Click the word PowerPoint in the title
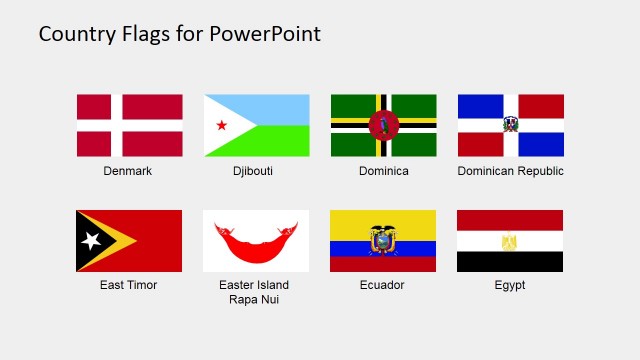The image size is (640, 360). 265,34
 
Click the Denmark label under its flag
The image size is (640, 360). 128,171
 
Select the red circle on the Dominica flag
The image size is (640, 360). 383,125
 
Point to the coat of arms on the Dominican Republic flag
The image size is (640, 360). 511,125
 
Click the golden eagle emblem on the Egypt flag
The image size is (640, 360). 510,241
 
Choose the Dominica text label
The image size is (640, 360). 384,171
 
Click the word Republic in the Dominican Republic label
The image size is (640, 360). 541,171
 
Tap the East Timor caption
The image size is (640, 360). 128,285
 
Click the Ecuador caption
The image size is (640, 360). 382,285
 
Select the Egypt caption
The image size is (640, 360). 509,285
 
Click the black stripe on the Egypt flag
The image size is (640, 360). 510,262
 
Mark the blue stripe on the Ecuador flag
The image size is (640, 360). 383,249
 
